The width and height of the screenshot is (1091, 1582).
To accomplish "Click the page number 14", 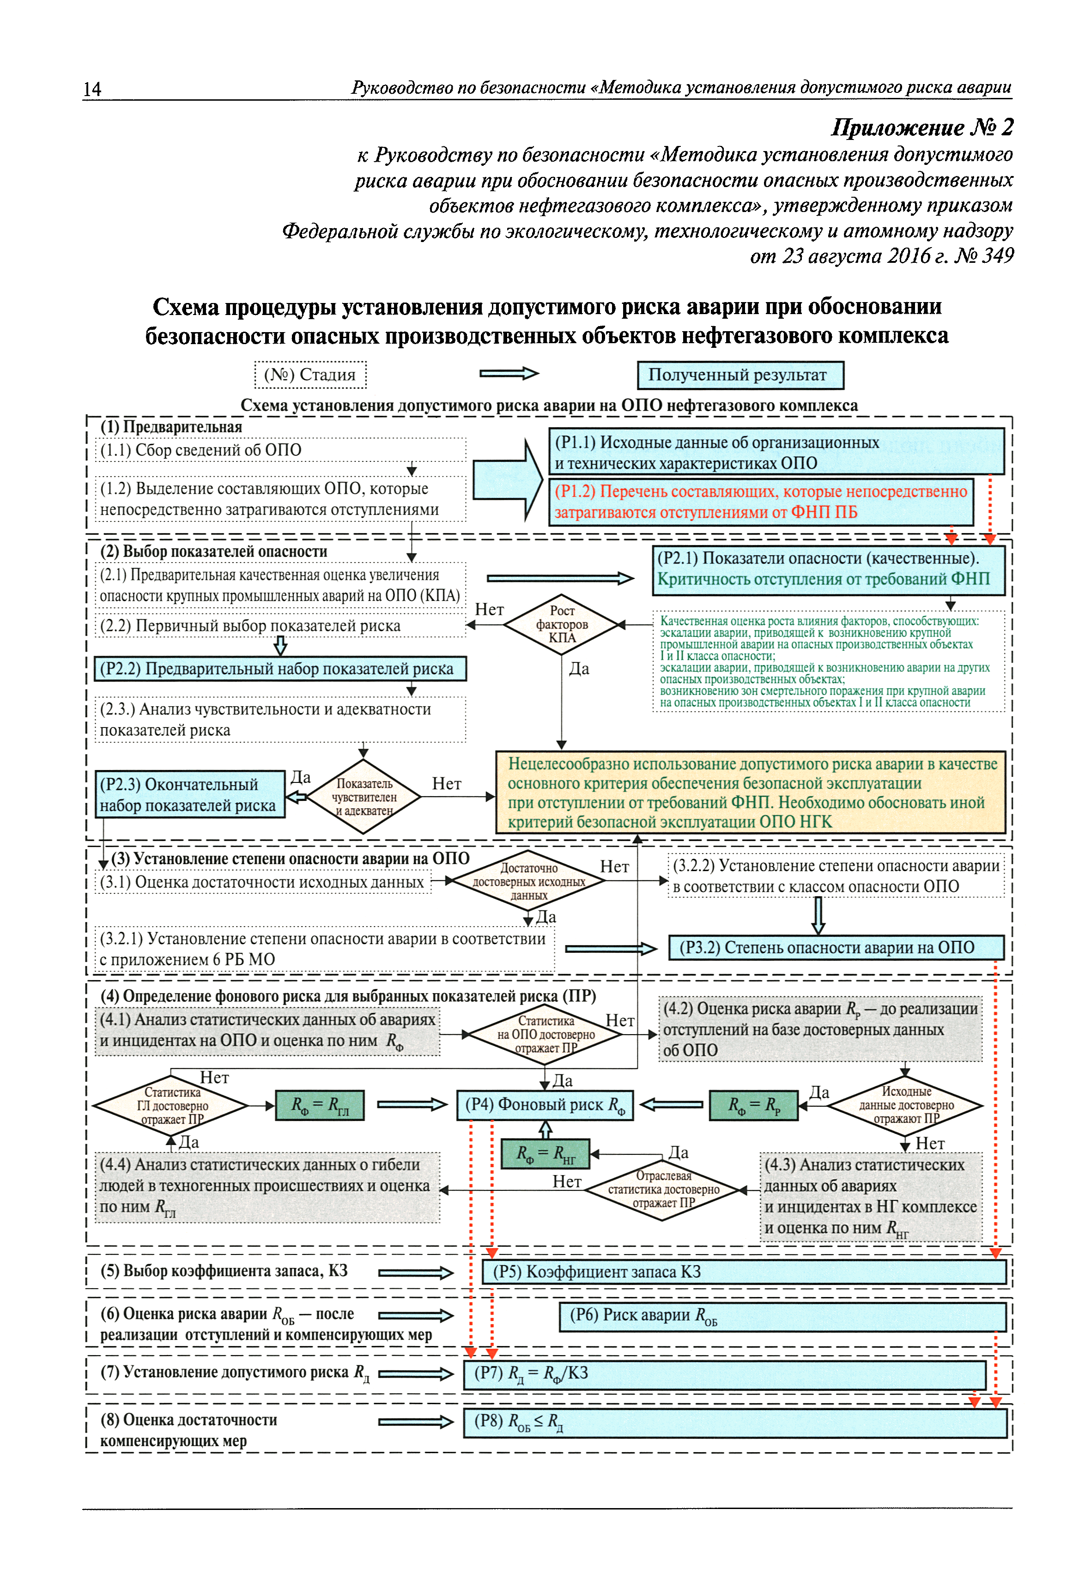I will click(92, 89).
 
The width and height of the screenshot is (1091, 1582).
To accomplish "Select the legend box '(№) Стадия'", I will click(310, 375).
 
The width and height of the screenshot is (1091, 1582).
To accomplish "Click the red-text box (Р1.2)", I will click(761, 502).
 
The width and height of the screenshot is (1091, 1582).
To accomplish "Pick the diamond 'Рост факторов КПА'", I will click(562, 624).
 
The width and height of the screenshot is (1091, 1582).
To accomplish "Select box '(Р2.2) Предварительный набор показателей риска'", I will click(280, 669).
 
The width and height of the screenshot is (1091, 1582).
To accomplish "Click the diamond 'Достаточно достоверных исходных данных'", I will click(528, 881).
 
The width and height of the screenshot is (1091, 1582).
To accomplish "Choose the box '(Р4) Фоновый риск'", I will click(545, 1105).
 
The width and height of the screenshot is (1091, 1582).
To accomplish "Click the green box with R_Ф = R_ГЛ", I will click(319, 1105).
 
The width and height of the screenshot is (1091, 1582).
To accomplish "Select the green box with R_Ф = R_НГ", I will click(545, 1155).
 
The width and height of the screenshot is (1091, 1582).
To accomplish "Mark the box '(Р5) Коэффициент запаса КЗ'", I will click(745, 1272).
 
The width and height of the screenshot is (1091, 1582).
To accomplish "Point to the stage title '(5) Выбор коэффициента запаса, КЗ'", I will click(224, 1271).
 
